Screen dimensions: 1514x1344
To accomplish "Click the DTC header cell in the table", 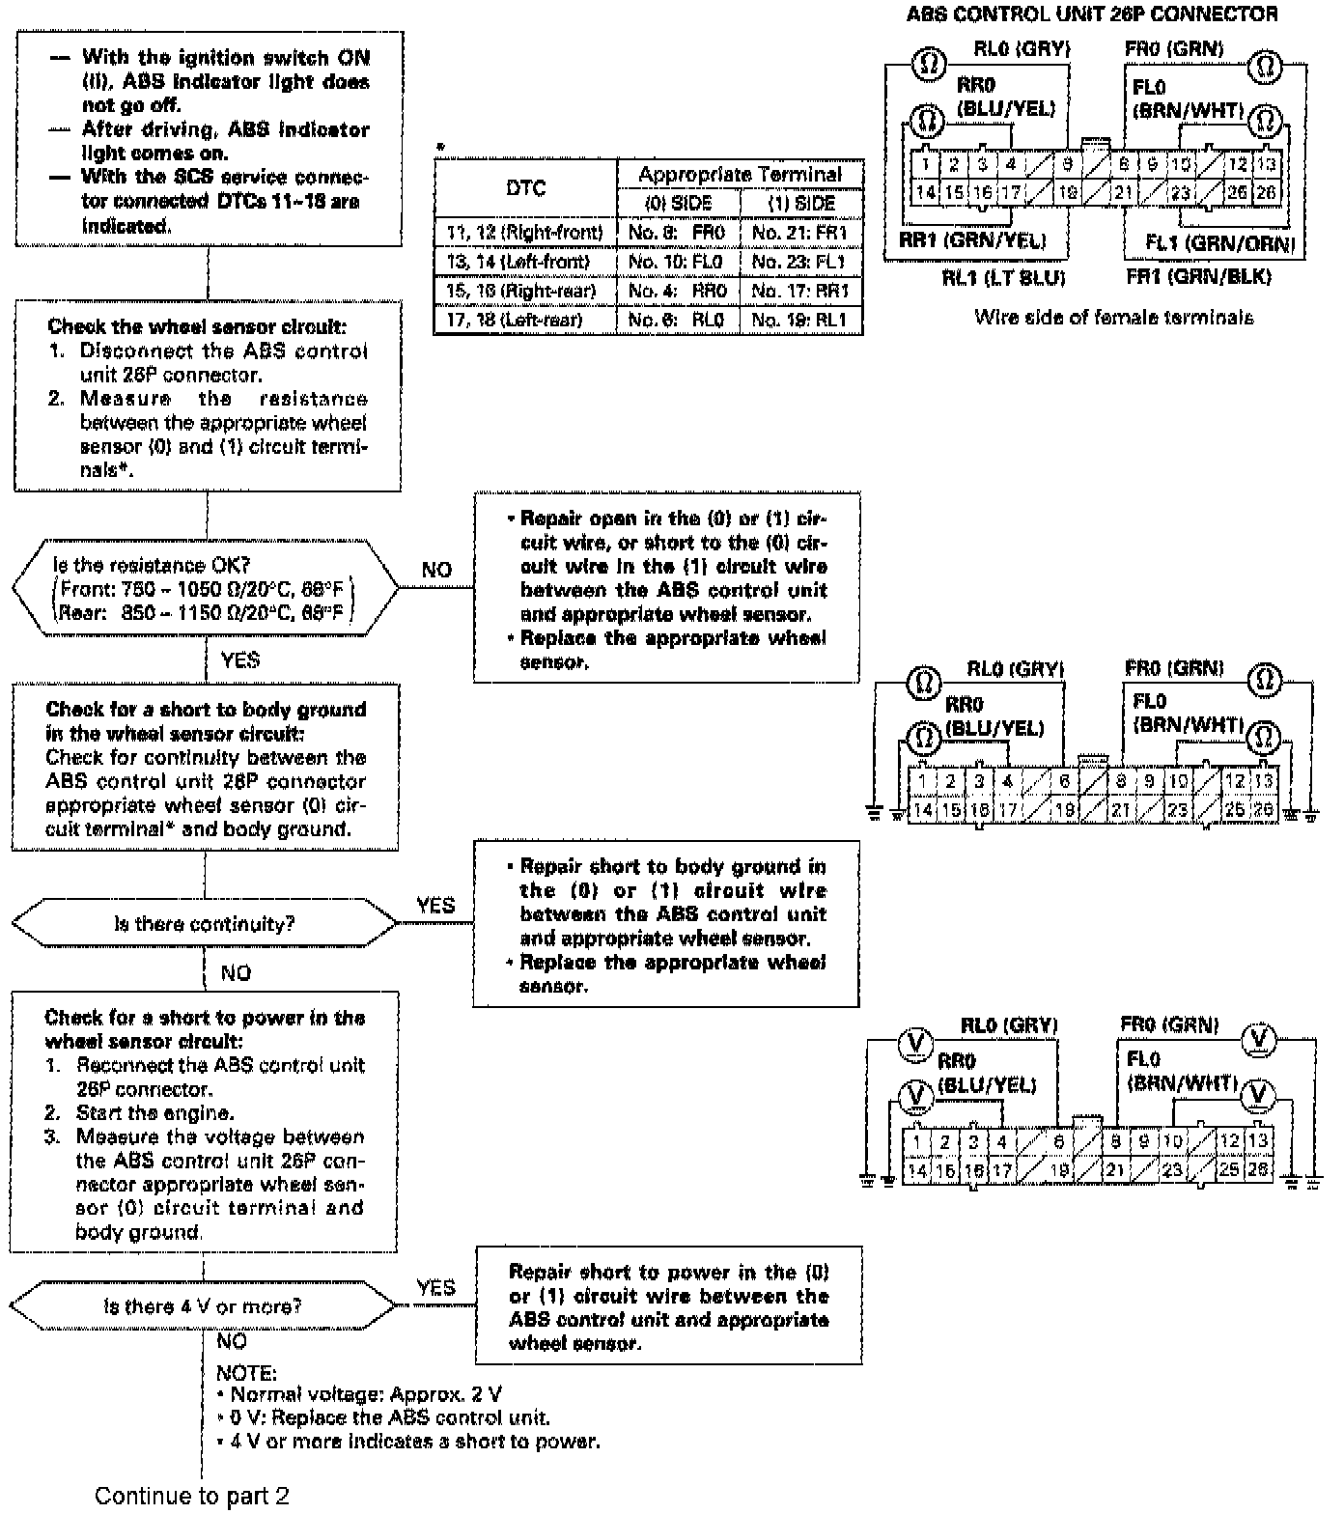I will [x=525, y=188].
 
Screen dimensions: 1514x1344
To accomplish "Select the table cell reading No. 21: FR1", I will [x=800, y=233].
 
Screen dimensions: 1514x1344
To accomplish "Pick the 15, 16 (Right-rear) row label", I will [x=522, y=291].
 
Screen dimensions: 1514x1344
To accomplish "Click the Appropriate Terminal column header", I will [x=740, y=174].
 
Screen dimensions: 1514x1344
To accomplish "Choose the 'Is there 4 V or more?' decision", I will [x=203, y=1306].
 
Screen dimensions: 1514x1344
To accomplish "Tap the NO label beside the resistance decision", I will [x=436, y=570].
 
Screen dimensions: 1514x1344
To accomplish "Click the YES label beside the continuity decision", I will [x=435, y=906].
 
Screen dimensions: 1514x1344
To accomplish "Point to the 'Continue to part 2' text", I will [x=191, y=1496].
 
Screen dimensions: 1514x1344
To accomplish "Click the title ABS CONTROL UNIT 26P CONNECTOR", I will [x=1091, y=14].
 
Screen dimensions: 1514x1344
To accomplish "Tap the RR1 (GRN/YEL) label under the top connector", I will [x=972, y=240].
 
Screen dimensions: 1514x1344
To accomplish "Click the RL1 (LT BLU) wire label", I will [x=1004, y=278].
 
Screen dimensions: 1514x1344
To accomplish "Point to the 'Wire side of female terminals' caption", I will [x=1114, y=317].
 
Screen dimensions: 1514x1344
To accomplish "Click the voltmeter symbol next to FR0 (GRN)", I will [x=1258, y=1039].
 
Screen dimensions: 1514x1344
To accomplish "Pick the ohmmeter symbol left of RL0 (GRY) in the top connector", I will [x=929, y=64].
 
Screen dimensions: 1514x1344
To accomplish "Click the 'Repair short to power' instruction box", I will [x=669, y=1306].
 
